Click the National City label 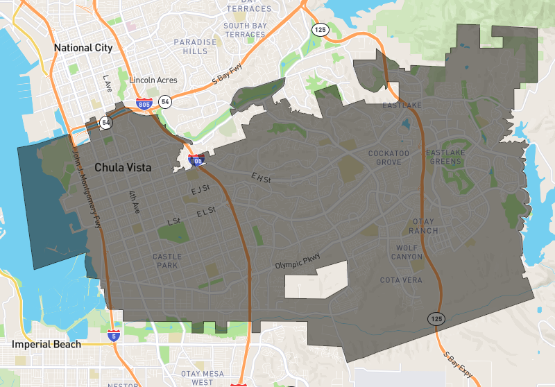point(83,48)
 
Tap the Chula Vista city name point(122,168)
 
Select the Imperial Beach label point(46,344)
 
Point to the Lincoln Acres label point(153,80)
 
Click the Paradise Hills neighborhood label point(196,46)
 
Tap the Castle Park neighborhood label point(166,261)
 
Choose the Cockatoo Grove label point(384,157)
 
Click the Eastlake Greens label point(444,157)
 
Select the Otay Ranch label point(422,226)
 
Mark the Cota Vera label point(401,280)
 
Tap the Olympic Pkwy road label point(298,261)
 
